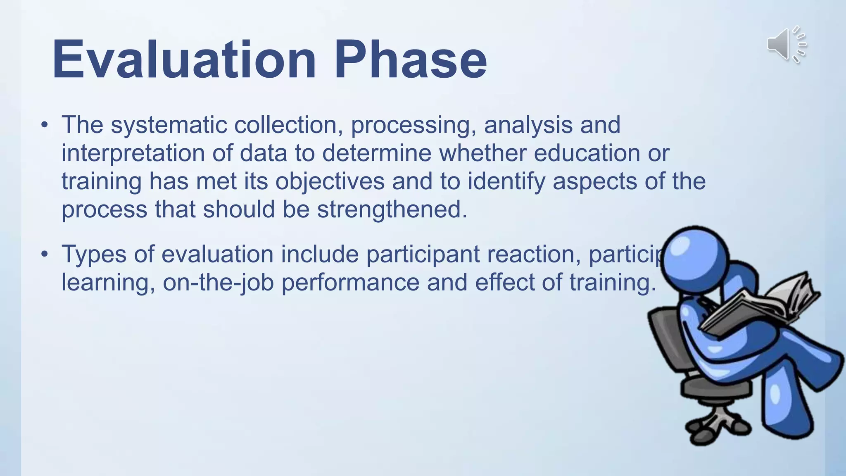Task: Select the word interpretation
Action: [133, 153]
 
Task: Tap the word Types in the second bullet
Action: [94, 255]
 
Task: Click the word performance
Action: [350, 283]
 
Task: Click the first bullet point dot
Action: [45, 125]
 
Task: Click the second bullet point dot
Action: [45, 254]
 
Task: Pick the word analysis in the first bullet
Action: [528, 125]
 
